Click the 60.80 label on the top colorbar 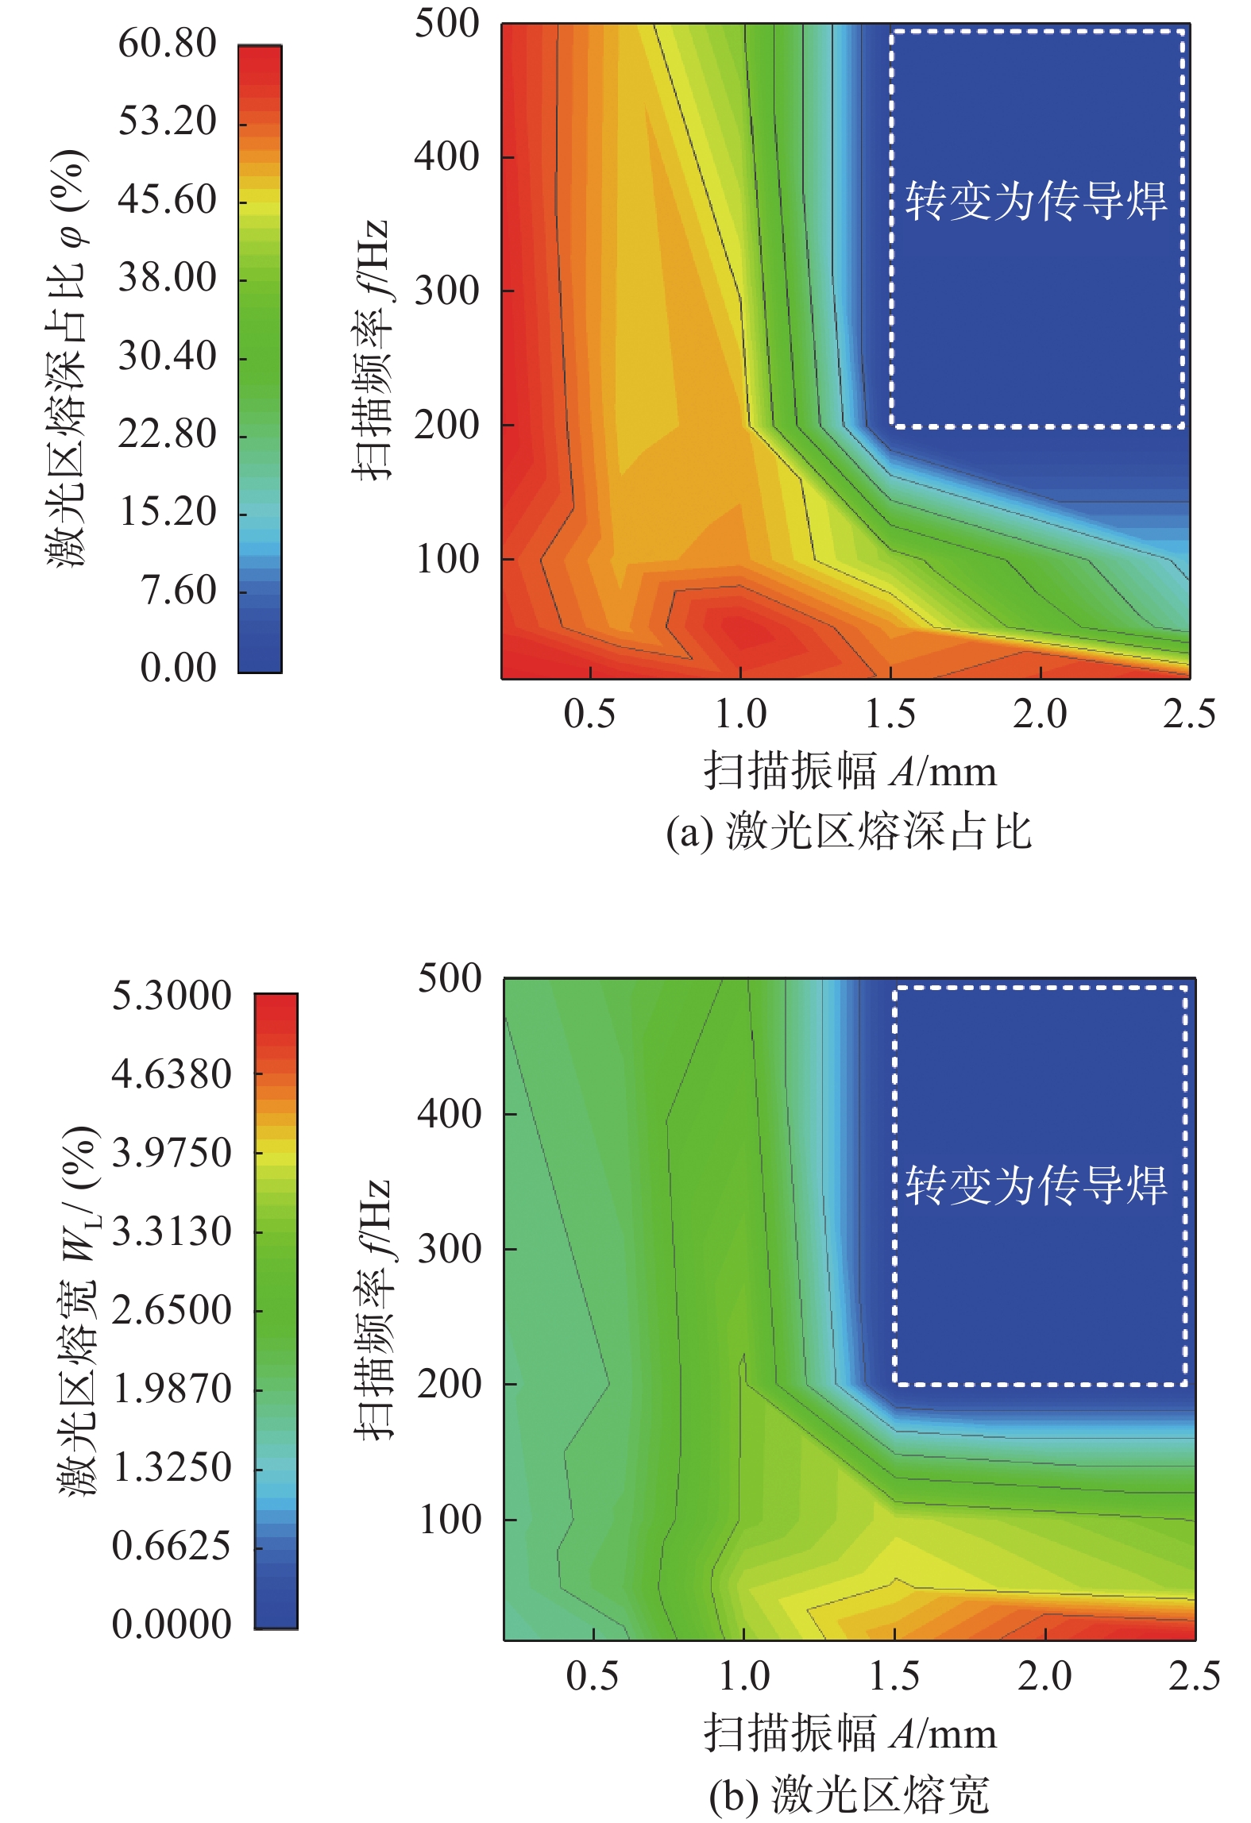[167, 44]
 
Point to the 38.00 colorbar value [167, 278]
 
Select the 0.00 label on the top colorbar [178, 668]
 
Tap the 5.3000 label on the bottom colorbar [171, 996]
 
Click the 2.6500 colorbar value [171, 1310]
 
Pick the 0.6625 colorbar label [171, 1546]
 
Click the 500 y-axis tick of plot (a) [447, 24]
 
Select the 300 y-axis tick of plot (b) [450, 1249]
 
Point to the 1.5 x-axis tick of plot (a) [890, 714]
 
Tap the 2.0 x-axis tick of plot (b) [1044, 1675]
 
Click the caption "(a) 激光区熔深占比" [848, 832]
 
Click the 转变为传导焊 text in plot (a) [1036, 200]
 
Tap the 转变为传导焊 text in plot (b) [1036, 1185]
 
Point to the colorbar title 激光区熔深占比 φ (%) [67, 357]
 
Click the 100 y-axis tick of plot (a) [447, 559]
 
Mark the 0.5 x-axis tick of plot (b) [592, 1675]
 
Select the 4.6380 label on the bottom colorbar [171, 1074]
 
